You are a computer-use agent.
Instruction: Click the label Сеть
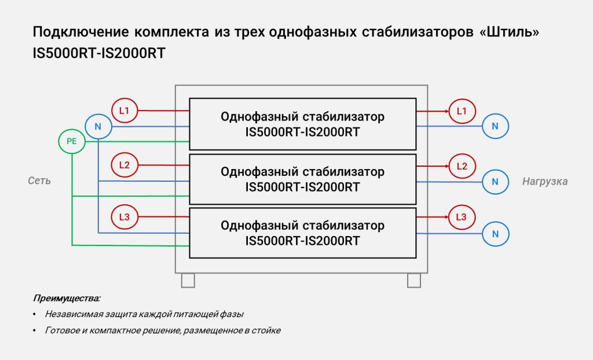39,181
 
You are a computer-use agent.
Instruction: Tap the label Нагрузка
545,182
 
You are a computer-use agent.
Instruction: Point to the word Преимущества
67,299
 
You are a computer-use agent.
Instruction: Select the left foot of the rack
188,281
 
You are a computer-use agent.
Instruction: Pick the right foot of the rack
414,281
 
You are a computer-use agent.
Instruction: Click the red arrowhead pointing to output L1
446,111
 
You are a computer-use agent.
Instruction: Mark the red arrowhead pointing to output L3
446,217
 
